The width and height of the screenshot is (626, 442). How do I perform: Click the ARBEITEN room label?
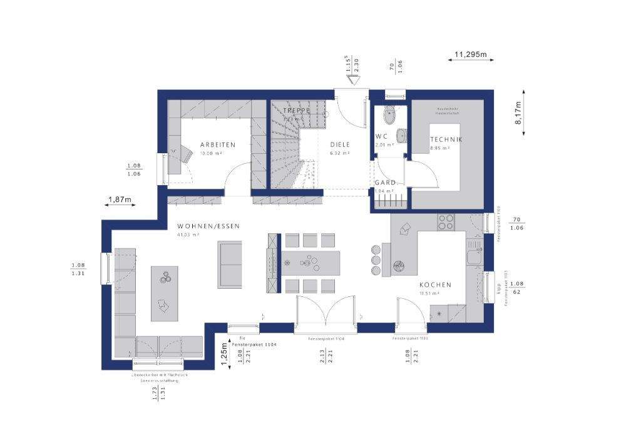click(218, 144)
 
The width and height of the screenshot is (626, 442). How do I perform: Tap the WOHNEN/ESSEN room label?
click(208, 226)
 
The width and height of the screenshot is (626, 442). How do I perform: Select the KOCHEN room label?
click(435, 284)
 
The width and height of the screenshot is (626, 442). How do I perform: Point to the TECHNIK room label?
click(446, 139)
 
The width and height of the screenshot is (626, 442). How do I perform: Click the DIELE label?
click(340, 144)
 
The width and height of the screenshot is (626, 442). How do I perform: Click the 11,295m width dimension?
click(469, 54)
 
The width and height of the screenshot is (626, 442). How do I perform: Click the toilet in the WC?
click(390, 115)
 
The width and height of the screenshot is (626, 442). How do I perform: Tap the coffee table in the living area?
click(164, 293)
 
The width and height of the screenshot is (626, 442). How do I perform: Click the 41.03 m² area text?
click(188, 235)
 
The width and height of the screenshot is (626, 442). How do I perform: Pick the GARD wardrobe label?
click(384, 183)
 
